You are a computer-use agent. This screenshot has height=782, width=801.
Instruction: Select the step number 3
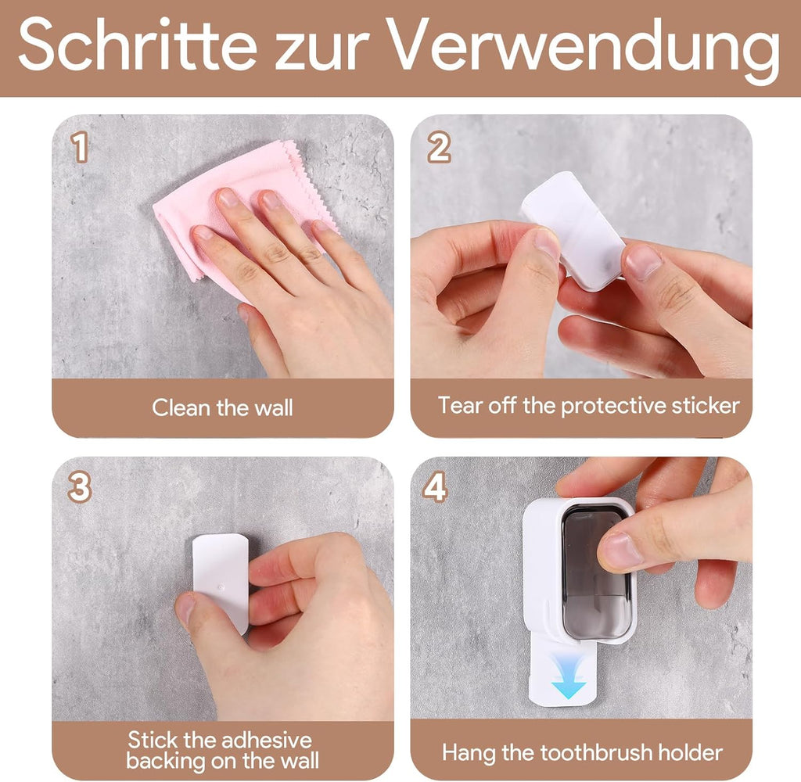click(80, 488)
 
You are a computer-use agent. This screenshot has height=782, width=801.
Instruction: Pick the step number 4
click(435, 488)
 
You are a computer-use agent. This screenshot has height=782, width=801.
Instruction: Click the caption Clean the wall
click(222, 407)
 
